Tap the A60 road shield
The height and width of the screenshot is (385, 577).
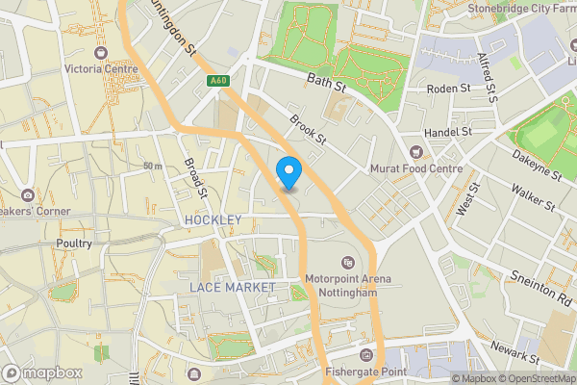pyautogui.click(x=218, y=83)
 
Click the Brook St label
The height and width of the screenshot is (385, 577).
pyautogui.click(x=309, y=132)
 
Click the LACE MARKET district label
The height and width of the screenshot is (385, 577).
pyautogui.click(x=232, y=287)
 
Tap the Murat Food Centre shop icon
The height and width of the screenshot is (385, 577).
pyautogui.click(x=416, y=151)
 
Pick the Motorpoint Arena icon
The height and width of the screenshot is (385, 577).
pyautogui.click(x=348, y=263)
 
